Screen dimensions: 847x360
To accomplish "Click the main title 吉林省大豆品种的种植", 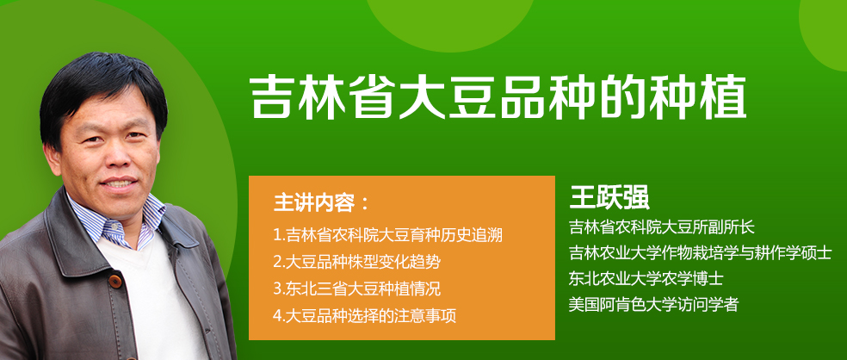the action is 498,98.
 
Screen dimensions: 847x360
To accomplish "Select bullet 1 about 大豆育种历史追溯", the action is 388,236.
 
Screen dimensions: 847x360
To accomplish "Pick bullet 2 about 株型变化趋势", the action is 356,262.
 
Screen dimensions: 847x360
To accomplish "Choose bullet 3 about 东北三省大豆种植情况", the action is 356,289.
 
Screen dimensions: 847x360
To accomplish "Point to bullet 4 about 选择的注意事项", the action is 365,315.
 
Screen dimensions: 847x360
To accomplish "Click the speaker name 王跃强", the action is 609,198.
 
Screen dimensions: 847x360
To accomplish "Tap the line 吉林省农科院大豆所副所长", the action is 661,227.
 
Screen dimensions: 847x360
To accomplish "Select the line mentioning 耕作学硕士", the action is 700,253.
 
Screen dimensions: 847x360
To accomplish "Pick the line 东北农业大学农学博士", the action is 646,279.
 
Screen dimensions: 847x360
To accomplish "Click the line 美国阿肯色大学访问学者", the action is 653,305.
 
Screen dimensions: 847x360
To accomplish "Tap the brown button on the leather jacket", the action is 115,282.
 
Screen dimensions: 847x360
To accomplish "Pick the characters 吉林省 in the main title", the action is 323,98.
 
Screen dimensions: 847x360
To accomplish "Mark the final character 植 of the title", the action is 723,98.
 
